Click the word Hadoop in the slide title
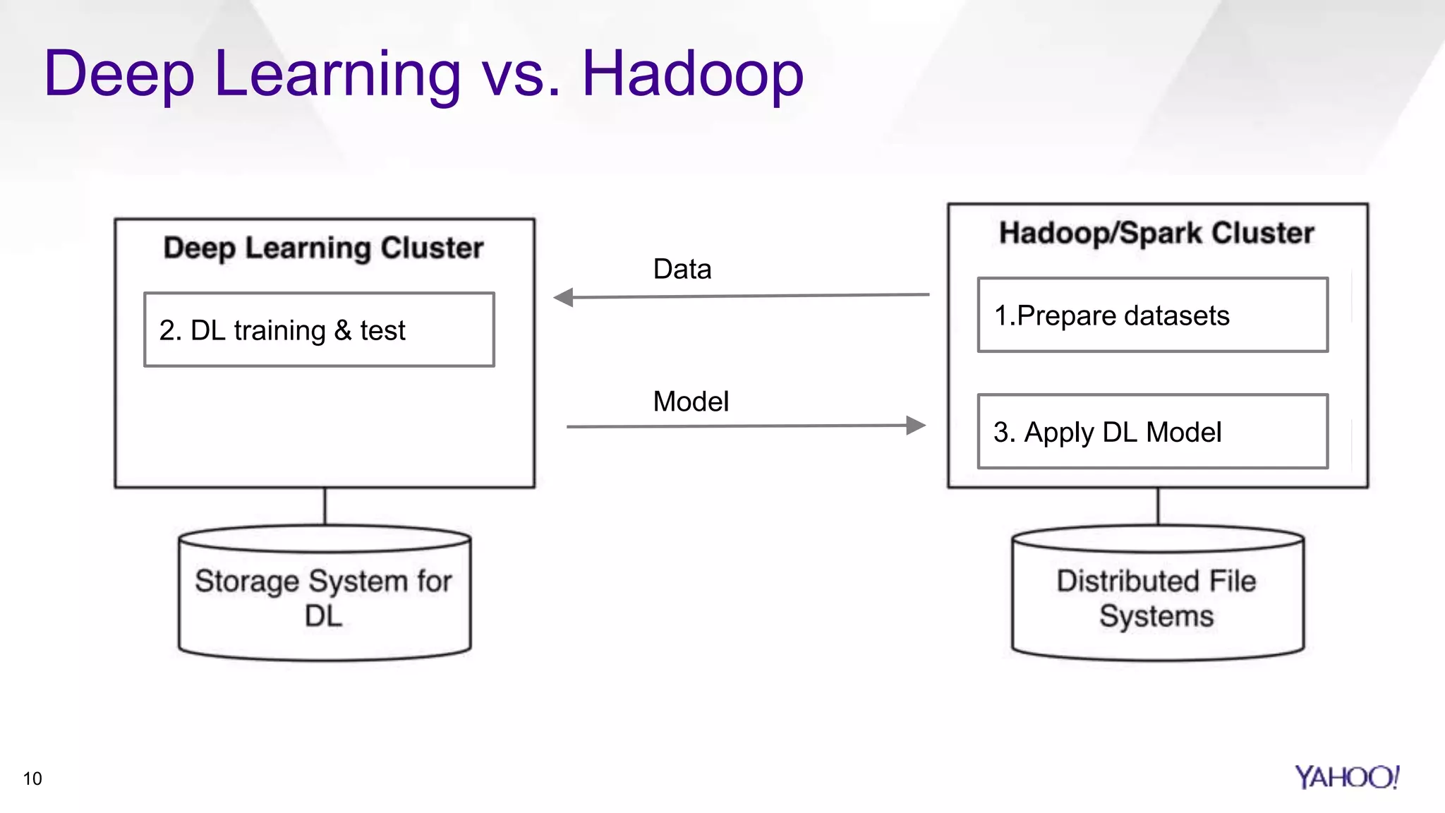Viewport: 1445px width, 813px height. coord(692,73)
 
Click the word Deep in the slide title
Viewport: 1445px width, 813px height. coord(119,73)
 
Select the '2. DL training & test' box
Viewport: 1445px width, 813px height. coord(319,330)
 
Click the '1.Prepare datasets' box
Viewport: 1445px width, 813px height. coord(1152,315)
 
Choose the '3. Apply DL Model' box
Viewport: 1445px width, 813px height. coord(1152,431)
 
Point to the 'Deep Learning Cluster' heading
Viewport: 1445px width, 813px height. coord(323,248)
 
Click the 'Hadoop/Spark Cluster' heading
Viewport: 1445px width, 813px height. coord(1156,233)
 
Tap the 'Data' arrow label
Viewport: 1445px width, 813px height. coord(682,269)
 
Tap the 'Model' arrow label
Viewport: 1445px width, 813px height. coord(691,402)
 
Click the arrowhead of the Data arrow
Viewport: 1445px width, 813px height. coord(564,297)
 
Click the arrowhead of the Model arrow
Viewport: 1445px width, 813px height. coord(915,425)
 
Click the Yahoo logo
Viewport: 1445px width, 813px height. coord(1346,777)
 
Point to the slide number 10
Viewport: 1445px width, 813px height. coord(32,778)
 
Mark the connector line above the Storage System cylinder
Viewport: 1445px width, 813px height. coord(325,506)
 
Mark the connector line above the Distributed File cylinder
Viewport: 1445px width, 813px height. coord(1158,506)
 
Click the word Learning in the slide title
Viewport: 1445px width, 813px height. coord(337,75)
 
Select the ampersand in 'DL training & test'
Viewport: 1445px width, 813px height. coord(343,330)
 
